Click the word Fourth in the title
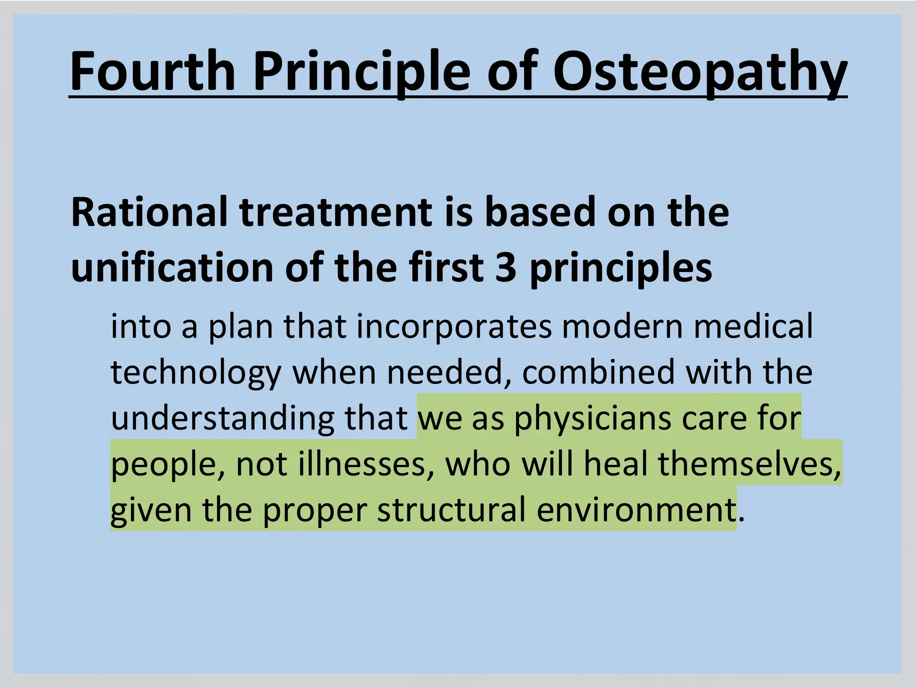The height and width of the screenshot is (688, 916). (x=153, y=72)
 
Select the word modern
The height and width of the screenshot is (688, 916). (x=622, y=327)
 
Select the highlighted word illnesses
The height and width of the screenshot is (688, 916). (x=362, y=464)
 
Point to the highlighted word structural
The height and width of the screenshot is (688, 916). (x=451, y=510)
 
